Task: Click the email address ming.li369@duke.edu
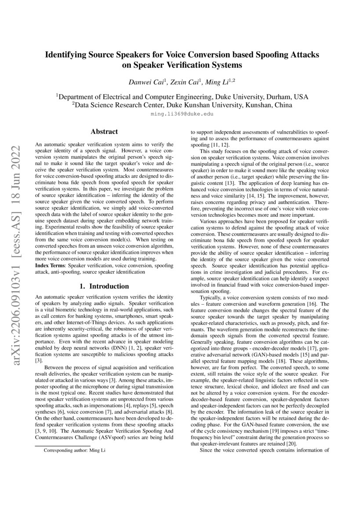point(182,113)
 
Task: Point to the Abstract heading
point(104,131)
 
